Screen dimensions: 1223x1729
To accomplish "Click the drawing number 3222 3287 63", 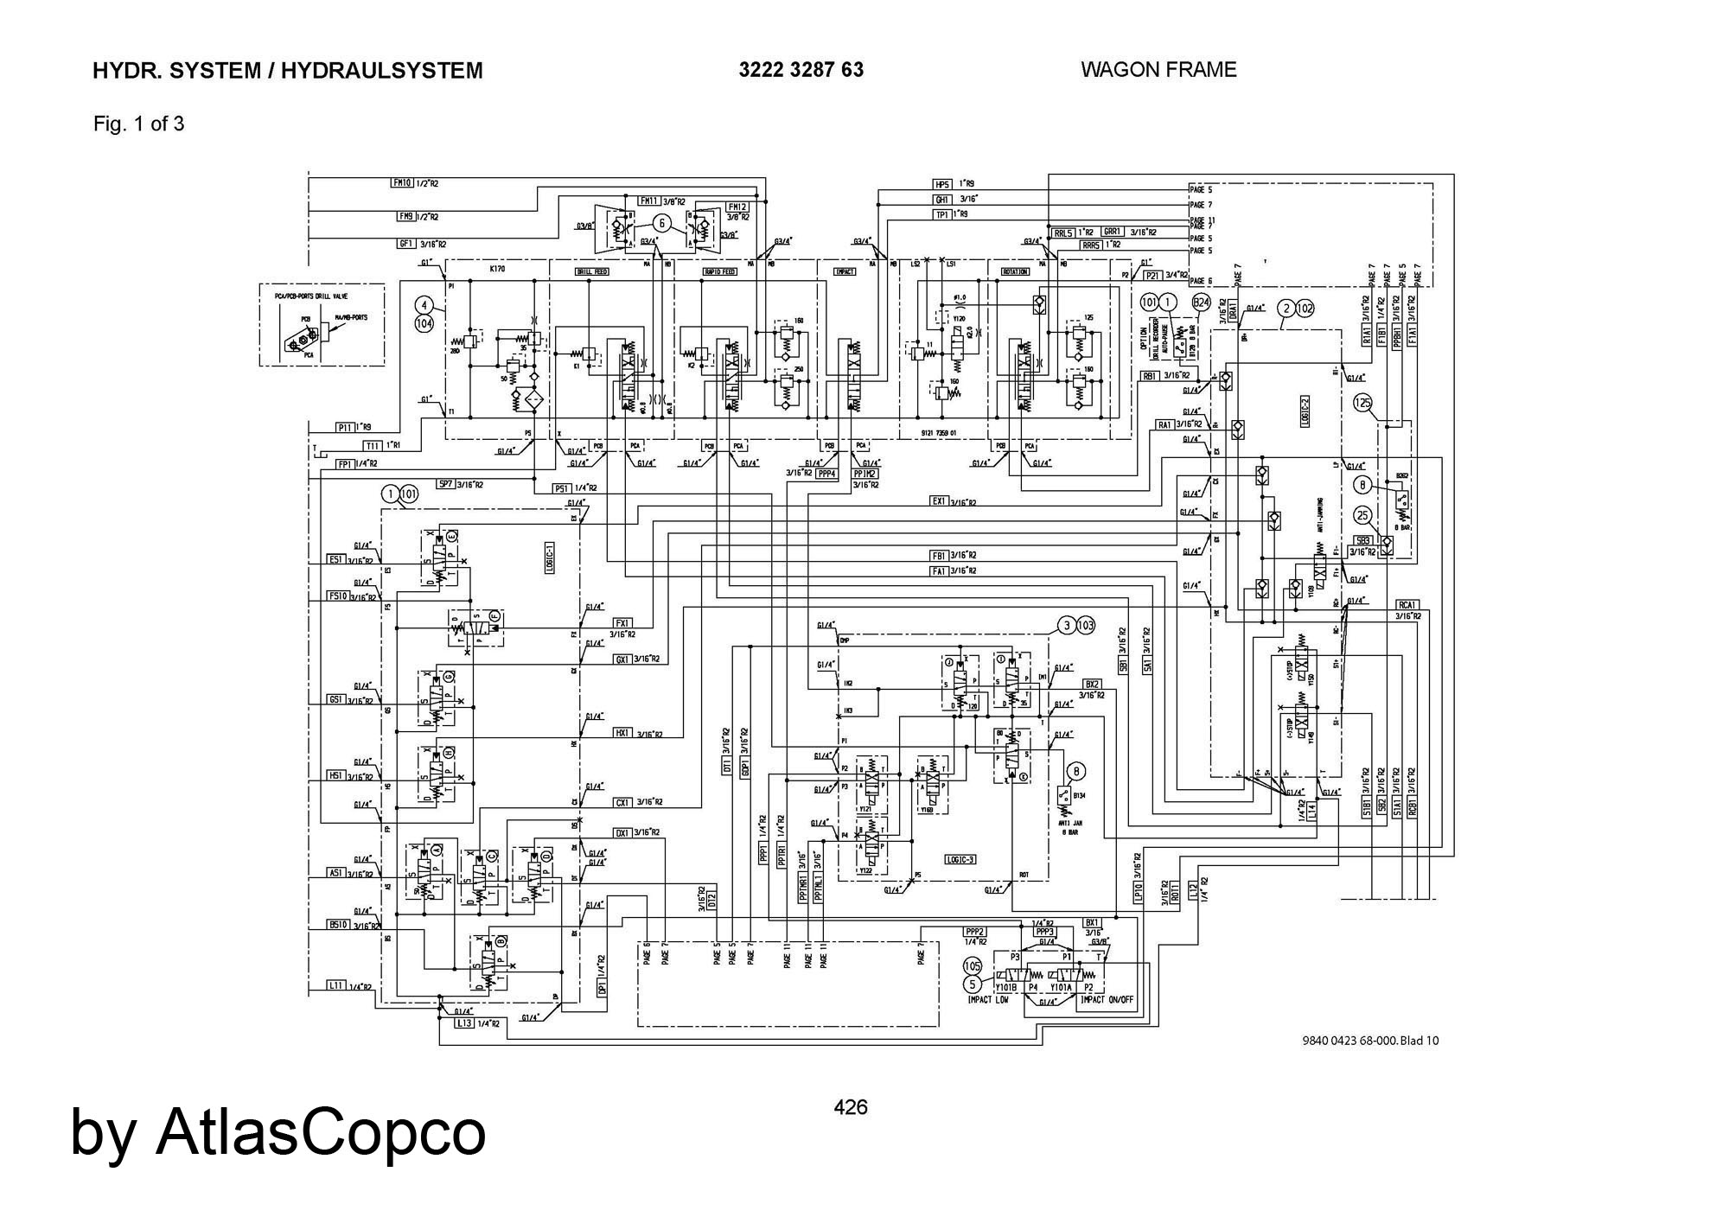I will tap(801, 70).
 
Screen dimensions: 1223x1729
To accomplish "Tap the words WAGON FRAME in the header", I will tap(1158, 70).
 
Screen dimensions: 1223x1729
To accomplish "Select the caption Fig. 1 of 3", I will tap(138, 124).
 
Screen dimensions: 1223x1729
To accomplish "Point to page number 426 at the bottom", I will tap(850, 1107).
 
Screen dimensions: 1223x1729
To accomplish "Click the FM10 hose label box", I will tap(402, 183).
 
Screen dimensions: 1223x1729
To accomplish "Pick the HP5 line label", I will tap(942, 184).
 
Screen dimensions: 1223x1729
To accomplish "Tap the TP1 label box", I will tap(941, 213).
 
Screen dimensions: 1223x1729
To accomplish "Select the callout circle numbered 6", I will tap(662, 223).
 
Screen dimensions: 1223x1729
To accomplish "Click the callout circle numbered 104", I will tap(424, 323).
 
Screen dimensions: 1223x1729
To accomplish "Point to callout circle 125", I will tap(1363, 403).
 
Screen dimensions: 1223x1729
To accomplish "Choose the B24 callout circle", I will tap(1201, 303).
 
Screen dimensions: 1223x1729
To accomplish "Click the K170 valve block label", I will tap(497, 270).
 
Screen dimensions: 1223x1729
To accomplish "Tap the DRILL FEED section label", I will tap(592, 271).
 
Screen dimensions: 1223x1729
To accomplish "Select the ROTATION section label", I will tap(1014, 271).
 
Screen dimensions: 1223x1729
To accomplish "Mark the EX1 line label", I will tap(939, 501).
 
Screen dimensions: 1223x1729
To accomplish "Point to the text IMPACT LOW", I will tap(988, 1000).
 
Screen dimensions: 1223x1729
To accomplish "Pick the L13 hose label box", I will tap(465, 1023).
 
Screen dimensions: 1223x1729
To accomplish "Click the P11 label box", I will tap(345, 427).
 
